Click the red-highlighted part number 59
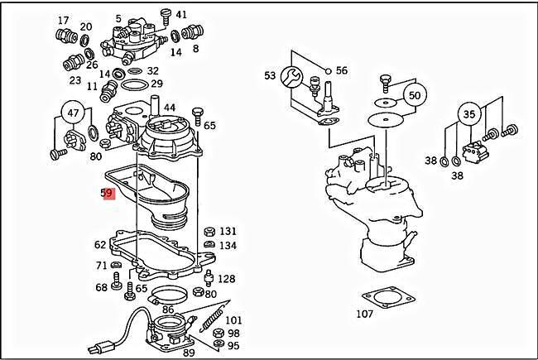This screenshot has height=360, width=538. pyautogui.click(x=107, y=194)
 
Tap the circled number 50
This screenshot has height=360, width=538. pyautogui.click(x=414, y=95)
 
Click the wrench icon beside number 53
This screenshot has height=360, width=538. pyautogui.click(x=291, y=77)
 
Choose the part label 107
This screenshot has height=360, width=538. pyautogui.click(x=364, y=314)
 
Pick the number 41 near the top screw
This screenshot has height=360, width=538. pyautogui.click(x=181, y=14)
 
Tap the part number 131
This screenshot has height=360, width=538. pyautogui.click(x=227, y=231)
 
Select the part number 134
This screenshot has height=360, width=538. pyautogui.click(x=227, y=246)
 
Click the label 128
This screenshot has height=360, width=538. pyautogui.click(x=225, y=279)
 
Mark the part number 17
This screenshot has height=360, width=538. pyautogui.click(x=64, y=20)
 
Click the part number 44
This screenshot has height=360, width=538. pyautogui.click(x=169, y=108)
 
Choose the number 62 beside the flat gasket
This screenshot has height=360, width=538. pyautogui.click(x=100, y=244)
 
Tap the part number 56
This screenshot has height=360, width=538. pyautogui.click(x=341, y=70)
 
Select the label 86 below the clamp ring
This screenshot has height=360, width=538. pyautogui.click(x=168, y=309)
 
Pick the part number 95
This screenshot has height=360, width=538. pyautogui.click(x=233, y=345)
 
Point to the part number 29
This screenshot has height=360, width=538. pyautogui.click(x=156, y=84)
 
